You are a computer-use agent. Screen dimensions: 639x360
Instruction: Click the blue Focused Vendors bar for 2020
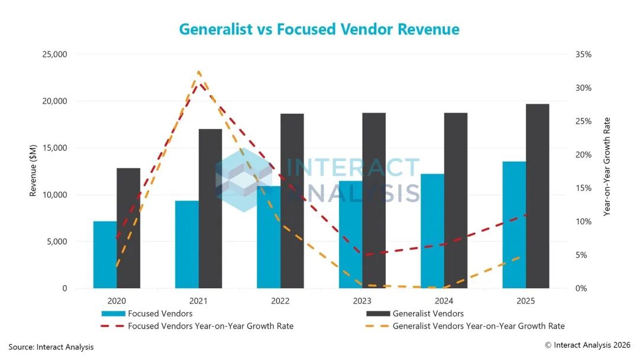coord(105,255)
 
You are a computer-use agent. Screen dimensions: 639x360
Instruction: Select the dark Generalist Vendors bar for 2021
coord(210,209)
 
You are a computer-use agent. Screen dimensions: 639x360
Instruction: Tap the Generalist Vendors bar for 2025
coord(537,196)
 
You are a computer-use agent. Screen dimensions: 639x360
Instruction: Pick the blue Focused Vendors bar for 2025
coord(514,225)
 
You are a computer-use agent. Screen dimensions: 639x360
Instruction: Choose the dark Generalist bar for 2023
coord(374,201)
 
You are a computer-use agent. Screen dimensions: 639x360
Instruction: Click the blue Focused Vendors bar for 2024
coord(433,231)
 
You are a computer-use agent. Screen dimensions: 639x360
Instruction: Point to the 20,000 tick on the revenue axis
coord(54,101)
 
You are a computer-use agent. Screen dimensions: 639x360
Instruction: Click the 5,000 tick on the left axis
coord(57,242)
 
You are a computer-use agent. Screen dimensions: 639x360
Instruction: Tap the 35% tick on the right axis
coord(583,54)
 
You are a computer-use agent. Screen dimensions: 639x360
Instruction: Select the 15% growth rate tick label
coord(583,188)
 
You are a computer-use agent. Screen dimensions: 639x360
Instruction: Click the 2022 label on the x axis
coord(280,301)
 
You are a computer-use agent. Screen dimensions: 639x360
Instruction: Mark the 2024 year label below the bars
coord(444,301)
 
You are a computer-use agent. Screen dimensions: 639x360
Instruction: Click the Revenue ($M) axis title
coord(33,171)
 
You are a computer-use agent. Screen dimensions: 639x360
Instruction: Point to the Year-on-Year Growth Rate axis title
coord(607,167)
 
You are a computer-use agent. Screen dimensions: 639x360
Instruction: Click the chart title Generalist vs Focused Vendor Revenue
coord(319,30)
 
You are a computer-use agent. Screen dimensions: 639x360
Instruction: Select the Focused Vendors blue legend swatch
coord(113,314)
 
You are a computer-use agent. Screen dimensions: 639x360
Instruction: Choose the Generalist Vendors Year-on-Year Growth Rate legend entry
coord(465,326)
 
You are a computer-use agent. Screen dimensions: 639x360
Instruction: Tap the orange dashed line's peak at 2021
coord(199,72)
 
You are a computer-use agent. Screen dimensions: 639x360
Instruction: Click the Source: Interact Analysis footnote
coord(51,347)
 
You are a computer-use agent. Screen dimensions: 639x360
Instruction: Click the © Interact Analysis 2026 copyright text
coord(588,345)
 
